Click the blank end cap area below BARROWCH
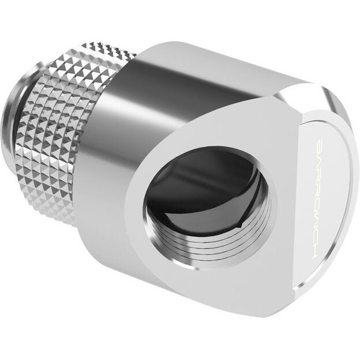pyautogui.click(x=329, y=265)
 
